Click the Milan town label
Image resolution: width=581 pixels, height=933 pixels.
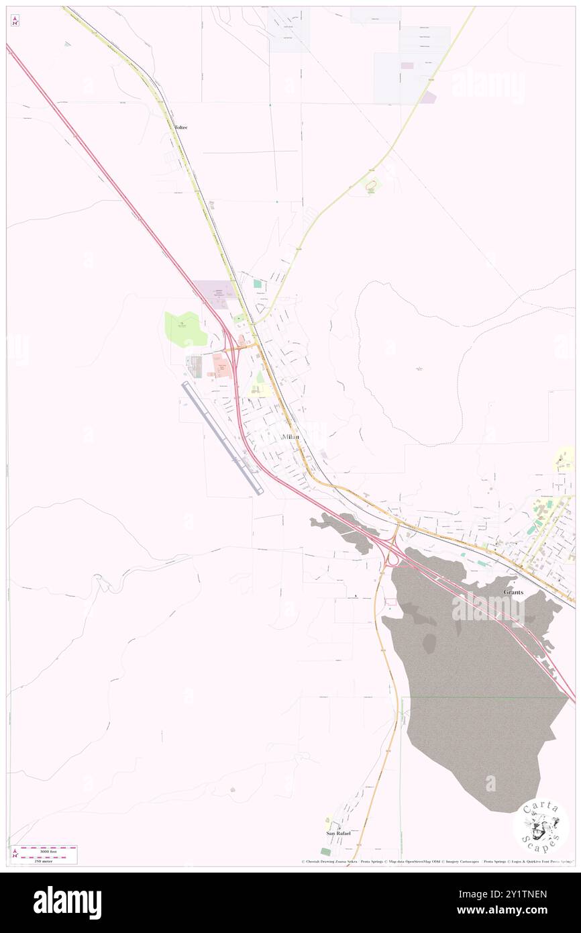coord(291,437)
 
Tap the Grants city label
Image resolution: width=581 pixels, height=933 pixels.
coord(514,592)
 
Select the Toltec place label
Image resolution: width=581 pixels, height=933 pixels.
coord(180,127)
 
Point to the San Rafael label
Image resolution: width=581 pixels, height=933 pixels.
coord(339,833)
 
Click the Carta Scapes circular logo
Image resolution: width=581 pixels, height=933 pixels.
coord(541,826)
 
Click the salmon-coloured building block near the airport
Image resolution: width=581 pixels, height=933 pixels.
coord(219,366)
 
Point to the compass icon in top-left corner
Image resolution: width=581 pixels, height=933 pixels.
coord(15,21)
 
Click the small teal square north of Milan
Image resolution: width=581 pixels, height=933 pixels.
coord(257,284)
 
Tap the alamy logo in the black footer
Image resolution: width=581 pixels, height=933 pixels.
coord(67,902)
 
